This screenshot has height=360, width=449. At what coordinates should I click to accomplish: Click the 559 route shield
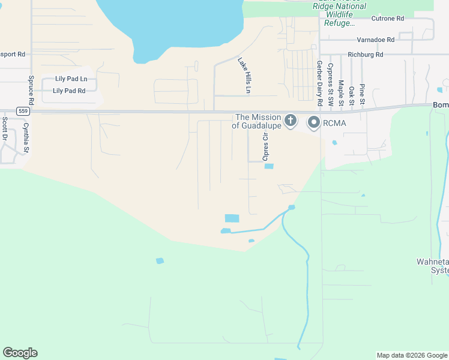coord(23,111)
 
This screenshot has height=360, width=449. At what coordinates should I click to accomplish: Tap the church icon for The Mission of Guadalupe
coord(290,121)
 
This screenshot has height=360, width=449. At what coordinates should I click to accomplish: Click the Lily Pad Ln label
coord(71,79)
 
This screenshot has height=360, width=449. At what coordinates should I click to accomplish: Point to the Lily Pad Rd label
coord(69,91)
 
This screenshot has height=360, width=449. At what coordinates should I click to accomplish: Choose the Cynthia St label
coord(26,137)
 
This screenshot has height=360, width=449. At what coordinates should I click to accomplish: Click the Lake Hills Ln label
coord(244,75)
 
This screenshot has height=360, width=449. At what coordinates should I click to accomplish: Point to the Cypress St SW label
coord(330,83)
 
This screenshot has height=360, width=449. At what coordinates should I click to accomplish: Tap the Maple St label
coord(340,92)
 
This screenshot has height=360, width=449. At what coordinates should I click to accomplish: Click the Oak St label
coord(351,95)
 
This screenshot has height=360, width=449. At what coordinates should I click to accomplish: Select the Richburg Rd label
coord(370,55)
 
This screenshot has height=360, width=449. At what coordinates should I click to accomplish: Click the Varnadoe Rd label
coord(375,40)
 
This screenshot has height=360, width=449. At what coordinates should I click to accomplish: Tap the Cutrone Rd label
coord(387,19)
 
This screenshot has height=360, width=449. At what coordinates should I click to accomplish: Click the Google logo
coord(20,353)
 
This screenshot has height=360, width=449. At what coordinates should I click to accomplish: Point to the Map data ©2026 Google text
coord(412,355)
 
